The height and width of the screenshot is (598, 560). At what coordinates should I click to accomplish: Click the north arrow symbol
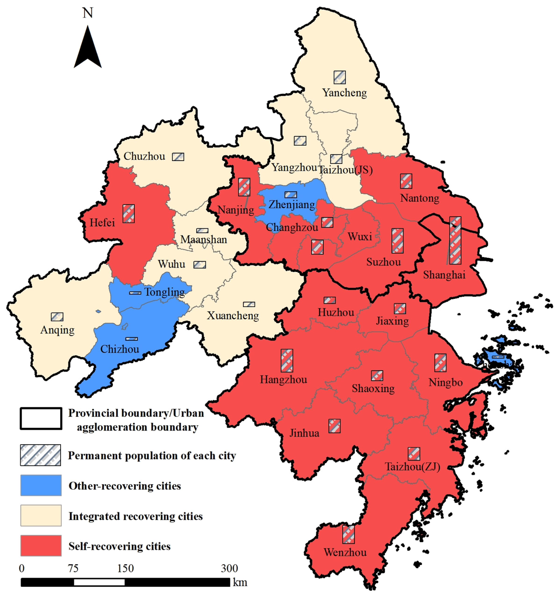tap(88, 48)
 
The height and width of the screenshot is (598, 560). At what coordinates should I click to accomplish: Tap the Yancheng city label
tap(345, 93)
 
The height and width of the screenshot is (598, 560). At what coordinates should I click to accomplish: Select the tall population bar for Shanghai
tap(455, 240)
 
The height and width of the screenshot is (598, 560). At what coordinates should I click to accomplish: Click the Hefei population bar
tap(129, 214)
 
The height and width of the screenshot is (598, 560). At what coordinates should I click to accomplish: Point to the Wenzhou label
tap(345, 552)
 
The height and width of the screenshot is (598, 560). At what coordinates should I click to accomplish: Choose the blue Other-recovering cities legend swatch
tap(41, 485)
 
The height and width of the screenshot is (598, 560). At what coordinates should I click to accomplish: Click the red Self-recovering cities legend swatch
tap(41, 546)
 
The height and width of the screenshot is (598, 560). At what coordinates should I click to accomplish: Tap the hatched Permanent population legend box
tap(41, 455)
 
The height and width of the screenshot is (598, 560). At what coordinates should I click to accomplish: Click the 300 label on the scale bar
tap(230, 568)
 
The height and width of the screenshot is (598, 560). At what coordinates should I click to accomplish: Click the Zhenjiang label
tap(292, 204)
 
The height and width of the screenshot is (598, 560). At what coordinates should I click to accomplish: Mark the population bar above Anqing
tap(57, 317)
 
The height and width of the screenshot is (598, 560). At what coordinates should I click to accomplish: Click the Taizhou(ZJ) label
tap(413, 467)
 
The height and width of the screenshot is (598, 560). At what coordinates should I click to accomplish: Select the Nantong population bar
tap(406, 181)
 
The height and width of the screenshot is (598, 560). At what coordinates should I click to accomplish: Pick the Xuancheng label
tap(233, 316)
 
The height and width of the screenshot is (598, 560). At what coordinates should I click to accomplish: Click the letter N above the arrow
tap(88, 13)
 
